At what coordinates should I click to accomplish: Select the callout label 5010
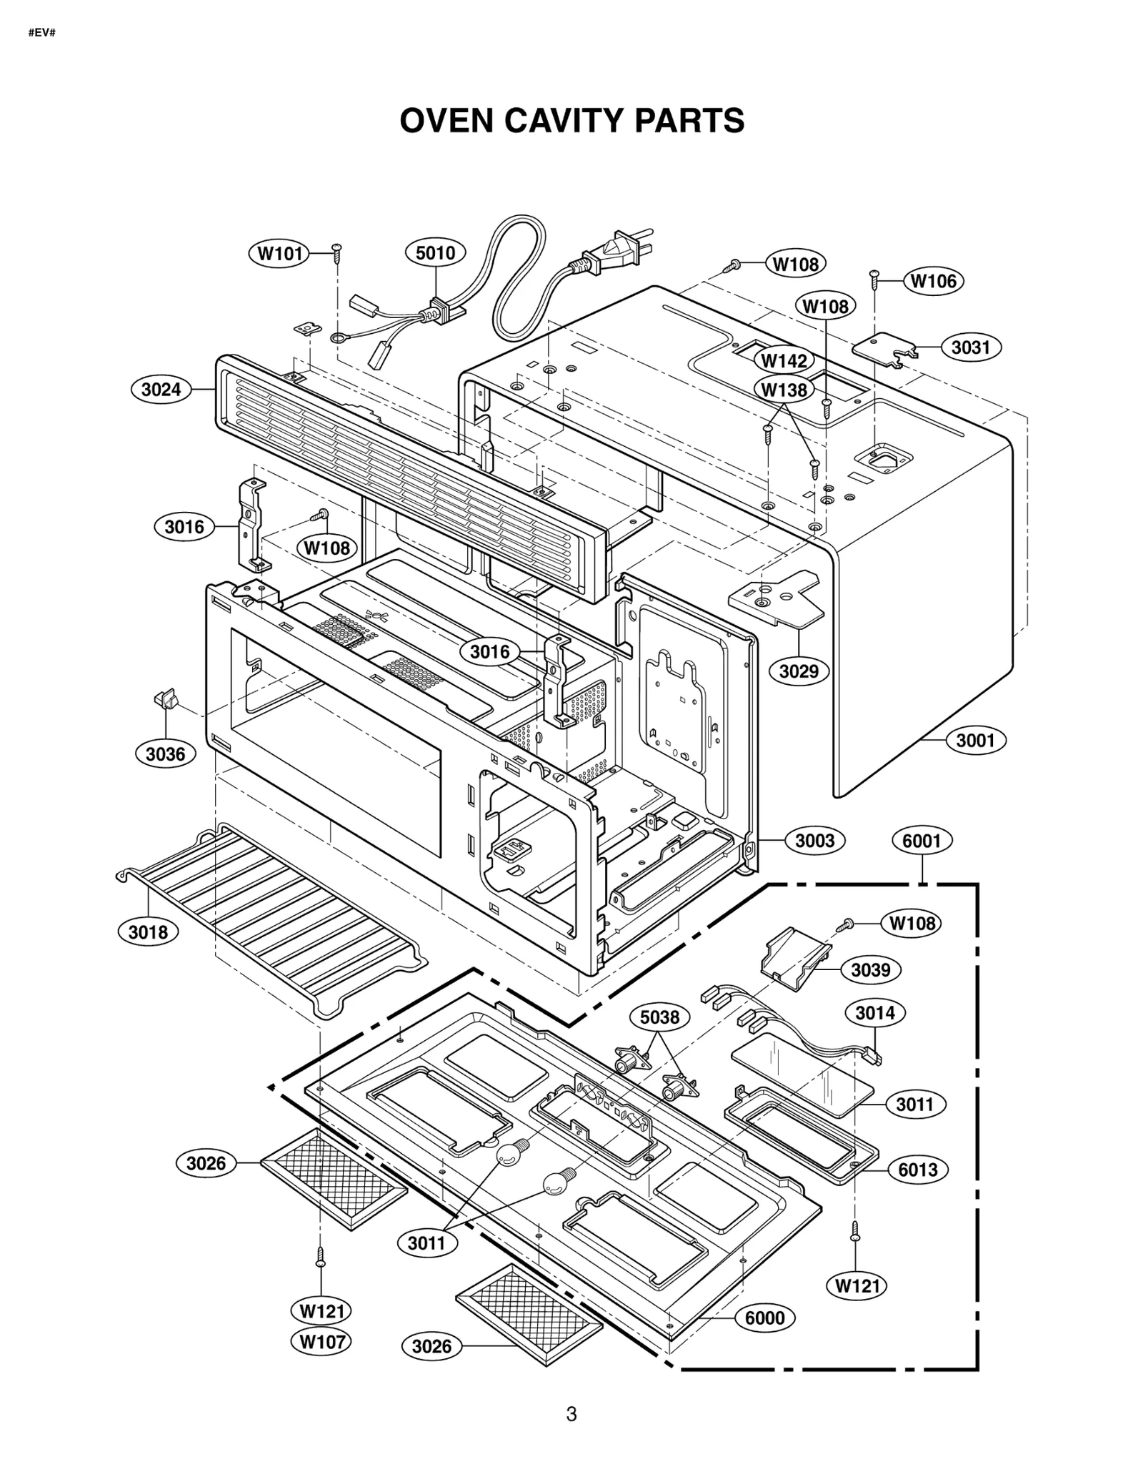pyautogui.click(x=435, y=252)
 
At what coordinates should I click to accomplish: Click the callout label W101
pyautogui.click(x=279, y=253)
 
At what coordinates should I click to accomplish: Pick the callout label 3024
pyautogui.click(x=161, y=390)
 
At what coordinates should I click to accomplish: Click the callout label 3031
pyautogui.click(x=971, y=347)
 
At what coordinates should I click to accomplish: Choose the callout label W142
pyautogui.click(x=784, y=360)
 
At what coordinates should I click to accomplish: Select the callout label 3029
pyautogui.click(x=799, y=671)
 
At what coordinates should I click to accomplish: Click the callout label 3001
pyautogui.click(x=975, y=740)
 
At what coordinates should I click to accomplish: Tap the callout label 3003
pyautogui.click(x=814, y=840)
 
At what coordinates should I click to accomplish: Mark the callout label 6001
pyautogui.click(x=922, y=841)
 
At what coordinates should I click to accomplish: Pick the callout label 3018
pyautogui.click(x=148, y=932)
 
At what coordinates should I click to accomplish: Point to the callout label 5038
pyautogui.click(x=659, y=1017)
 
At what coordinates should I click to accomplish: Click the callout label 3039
pyautogui.click(x=871, y=970)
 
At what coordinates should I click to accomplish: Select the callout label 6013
pyautogui.click(x=918, y=1170)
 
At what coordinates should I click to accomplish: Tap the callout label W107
pyautogui.click(x=322, y=1341)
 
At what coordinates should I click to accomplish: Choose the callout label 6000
pyautogui.click(x=764, y=1318)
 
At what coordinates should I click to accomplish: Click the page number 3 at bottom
pyautogui.click(x=571, y=1413)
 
